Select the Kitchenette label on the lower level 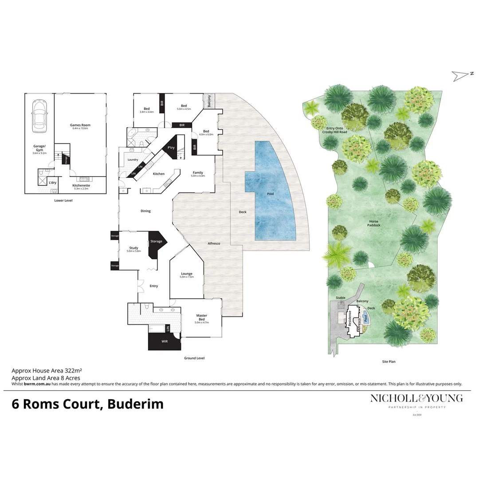click(82, 185)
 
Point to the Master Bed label click(201, 318)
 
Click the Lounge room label click(186, 274)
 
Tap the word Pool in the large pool click(271, 194)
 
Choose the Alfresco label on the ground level click(214, 243)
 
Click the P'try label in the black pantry click(170, 148)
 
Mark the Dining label click(145, 211)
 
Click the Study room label click(133, 248)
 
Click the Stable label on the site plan click(341, 298)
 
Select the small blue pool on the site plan click(366, 318)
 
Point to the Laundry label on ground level click(133, 160)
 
